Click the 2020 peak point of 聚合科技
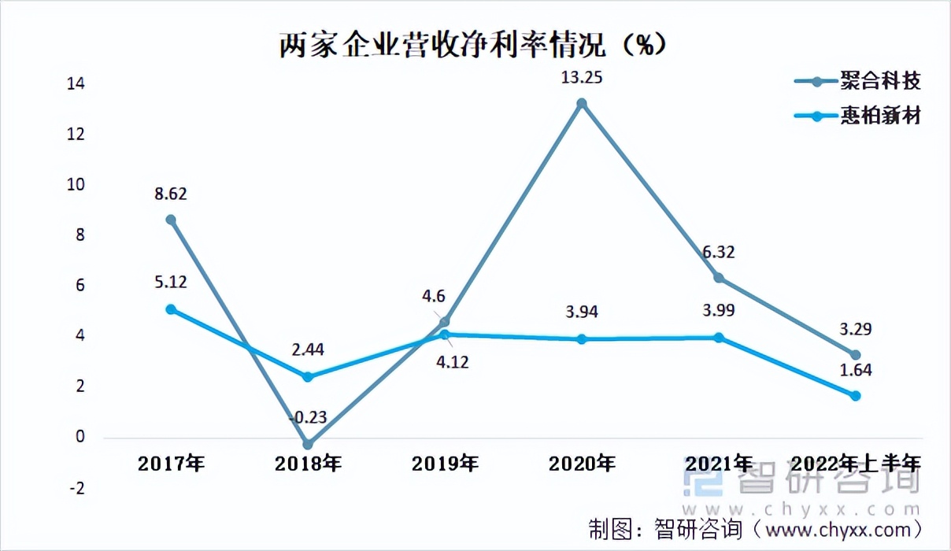point(582,103)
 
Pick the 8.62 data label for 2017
point(171,193)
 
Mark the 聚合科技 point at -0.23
point(308,445)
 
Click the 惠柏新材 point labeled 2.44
point(308,377)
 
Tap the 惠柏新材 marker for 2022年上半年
point(856,396)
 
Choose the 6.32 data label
point(719,251)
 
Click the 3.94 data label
point(582,312)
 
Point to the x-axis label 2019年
point(445,464)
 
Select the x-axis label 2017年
point(171,464)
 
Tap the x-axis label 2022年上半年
point(856,464)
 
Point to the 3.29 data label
point(856,330)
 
